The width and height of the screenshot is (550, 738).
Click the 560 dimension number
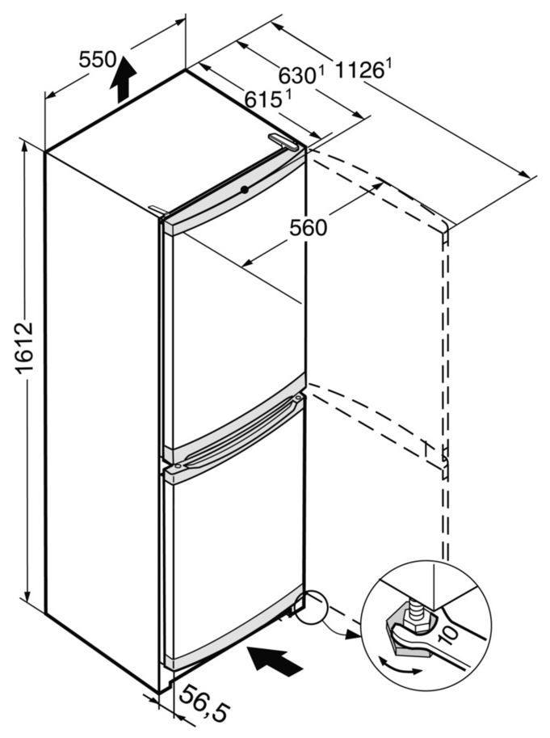[x=309, y=228]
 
